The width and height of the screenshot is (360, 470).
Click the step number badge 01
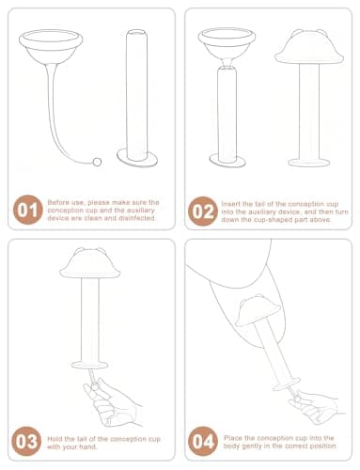click(27, 210)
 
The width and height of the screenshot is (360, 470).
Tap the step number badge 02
click(203, 211)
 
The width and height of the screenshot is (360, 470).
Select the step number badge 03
click(26, 441)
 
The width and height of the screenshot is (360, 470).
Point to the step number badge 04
click(203, 441)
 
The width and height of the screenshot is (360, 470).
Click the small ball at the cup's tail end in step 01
click(97, 162)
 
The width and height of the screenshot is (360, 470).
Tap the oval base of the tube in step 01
click(137, 158)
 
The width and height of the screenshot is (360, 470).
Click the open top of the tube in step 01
click(137, 32)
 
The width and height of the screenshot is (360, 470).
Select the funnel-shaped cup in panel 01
click(51, 46)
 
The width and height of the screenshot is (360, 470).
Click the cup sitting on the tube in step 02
click(227, 47)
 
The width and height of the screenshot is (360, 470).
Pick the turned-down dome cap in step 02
click(309, 46)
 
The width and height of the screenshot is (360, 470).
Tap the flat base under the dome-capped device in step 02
click(309, 163)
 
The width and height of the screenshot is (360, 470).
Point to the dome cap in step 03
click(90, 263)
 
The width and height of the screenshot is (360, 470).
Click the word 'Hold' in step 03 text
click(54, 439)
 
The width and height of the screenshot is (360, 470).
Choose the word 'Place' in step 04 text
click(232, 438)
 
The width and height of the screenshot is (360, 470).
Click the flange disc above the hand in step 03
click(89, 365)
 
